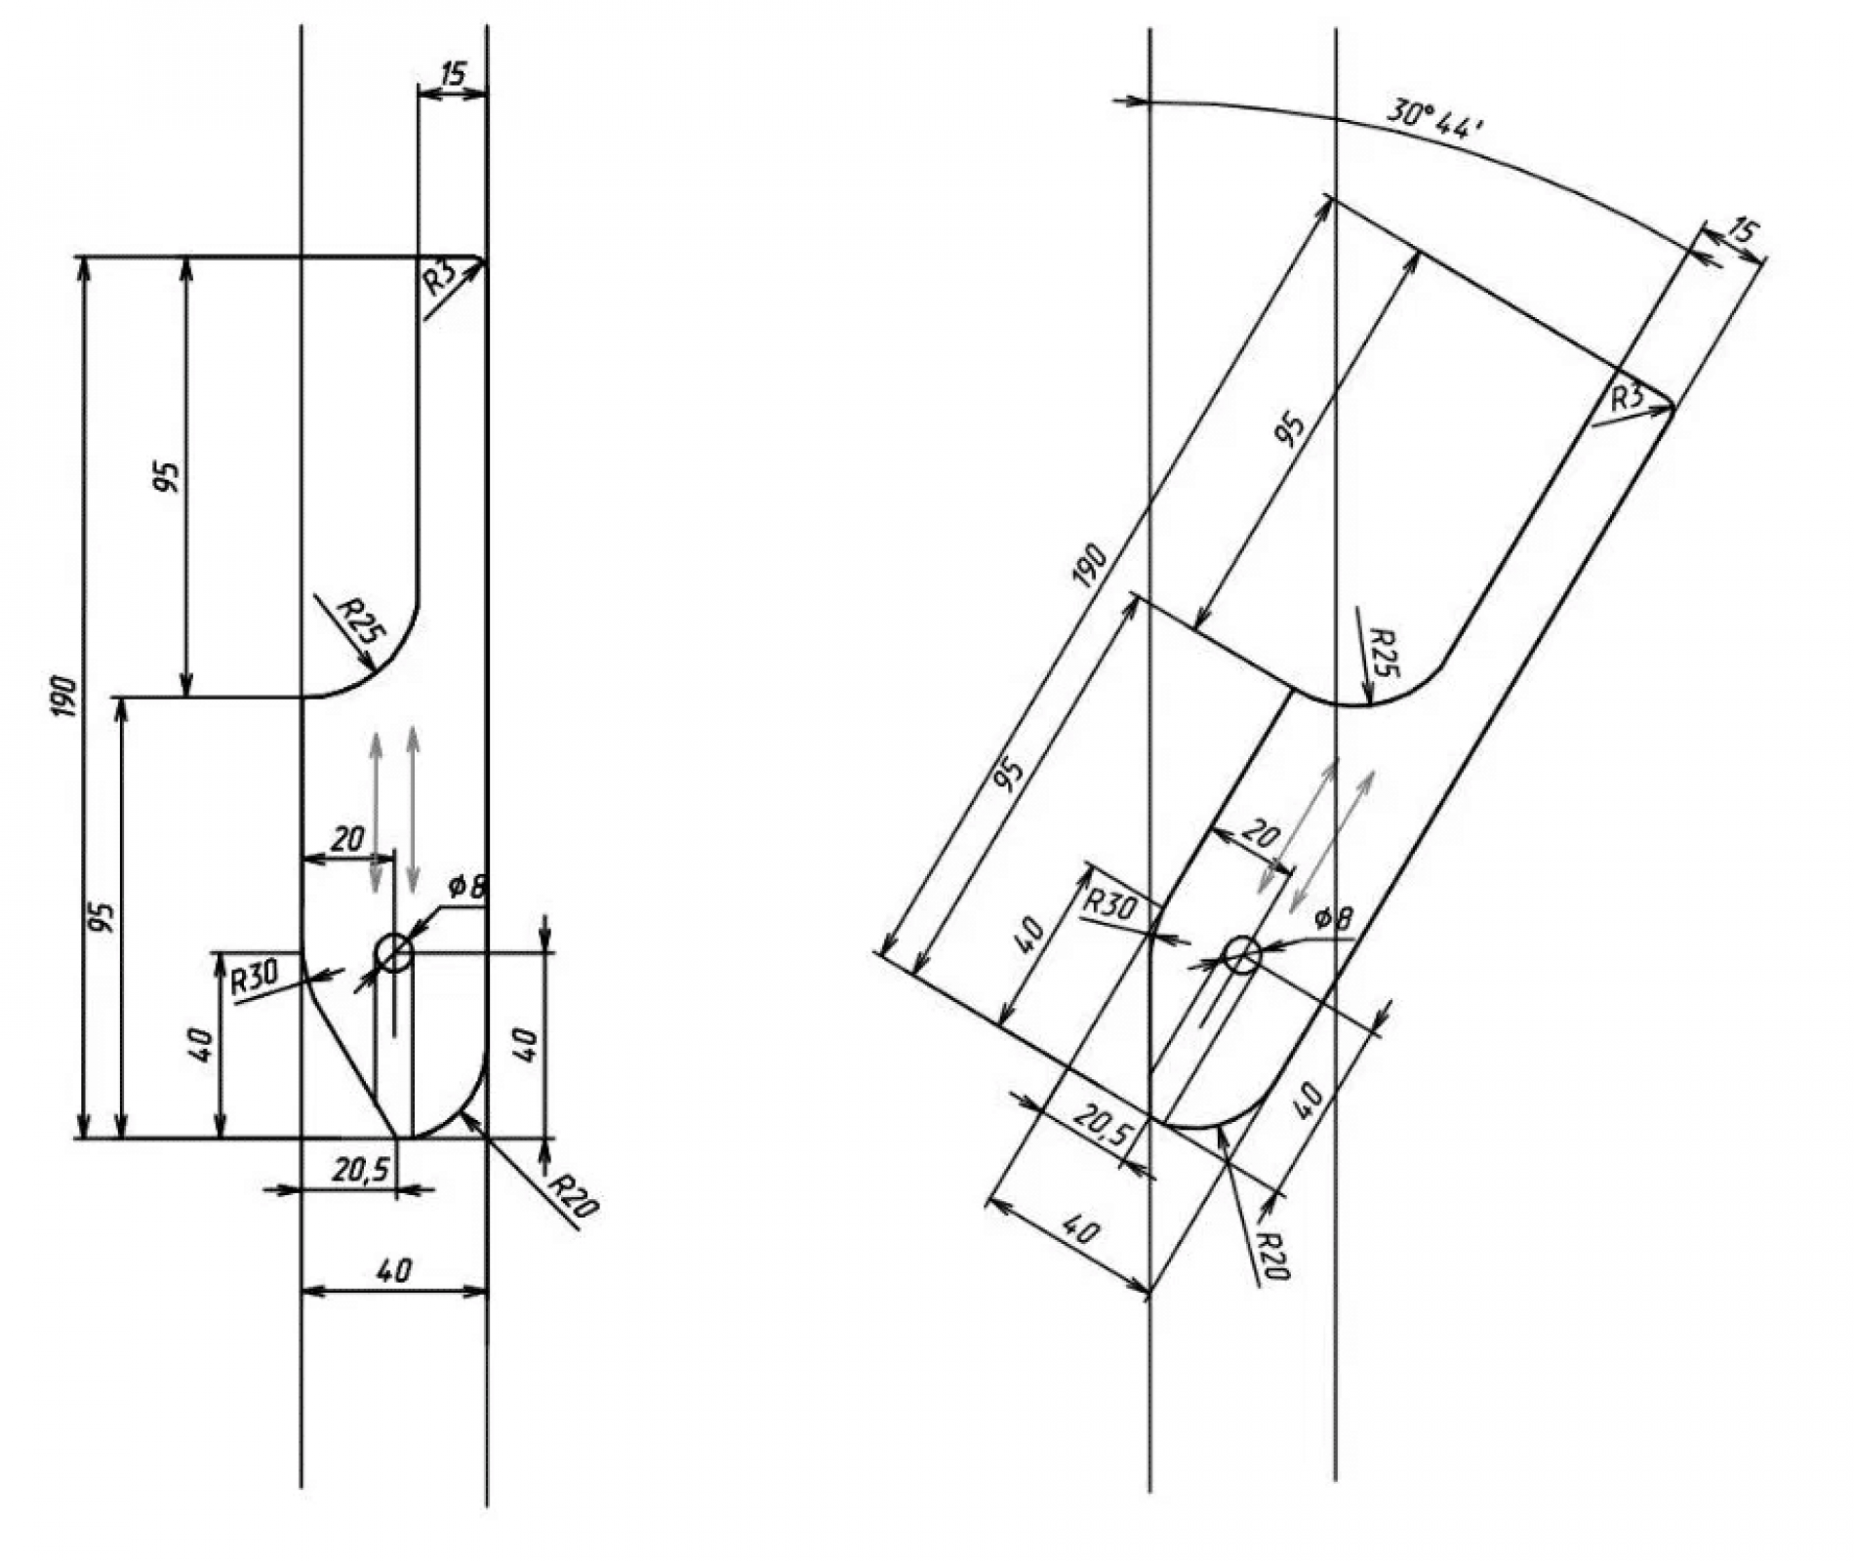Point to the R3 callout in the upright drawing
point(440,280)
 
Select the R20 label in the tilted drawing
point(1272,1256)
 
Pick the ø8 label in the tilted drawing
point(1334,917)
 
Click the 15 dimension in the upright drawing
point(454,73)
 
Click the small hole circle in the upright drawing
point(393,952)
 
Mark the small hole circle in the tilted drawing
point(1242,954)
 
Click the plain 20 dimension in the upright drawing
point(347,838)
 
